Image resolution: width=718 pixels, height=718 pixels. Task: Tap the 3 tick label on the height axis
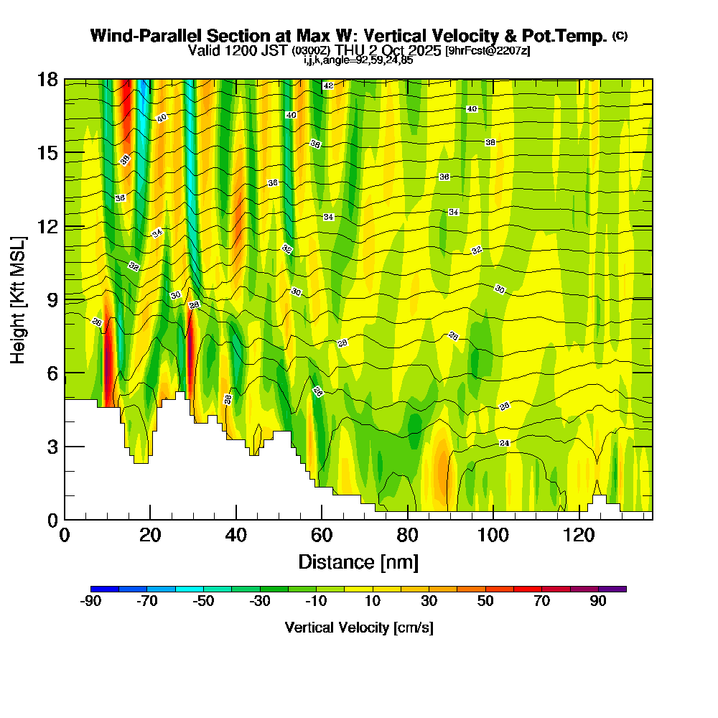(x=52, y=447)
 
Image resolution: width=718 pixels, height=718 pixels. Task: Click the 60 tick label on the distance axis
(x=322, y=536)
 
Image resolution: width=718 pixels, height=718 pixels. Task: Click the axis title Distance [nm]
(x=358, y=561)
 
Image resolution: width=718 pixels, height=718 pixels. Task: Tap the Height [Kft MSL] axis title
(x=18, y=299)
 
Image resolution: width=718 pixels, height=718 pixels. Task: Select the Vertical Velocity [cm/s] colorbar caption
(x=358, y=628)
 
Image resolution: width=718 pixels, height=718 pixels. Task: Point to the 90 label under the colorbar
(x=598, y=602)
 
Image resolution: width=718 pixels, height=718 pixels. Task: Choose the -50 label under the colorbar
(x=203, y=602)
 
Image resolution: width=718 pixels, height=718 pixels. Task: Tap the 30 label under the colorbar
(x=429, y=602)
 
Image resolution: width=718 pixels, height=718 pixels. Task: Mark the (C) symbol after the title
(x=620, y=36)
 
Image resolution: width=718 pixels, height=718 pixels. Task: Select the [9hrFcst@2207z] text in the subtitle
(x=488, y=50)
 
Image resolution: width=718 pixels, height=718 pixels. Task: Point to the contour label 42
(x=328, y=85)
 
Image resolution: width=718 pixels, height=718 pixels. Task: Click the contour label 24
(x=504, y=443)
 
